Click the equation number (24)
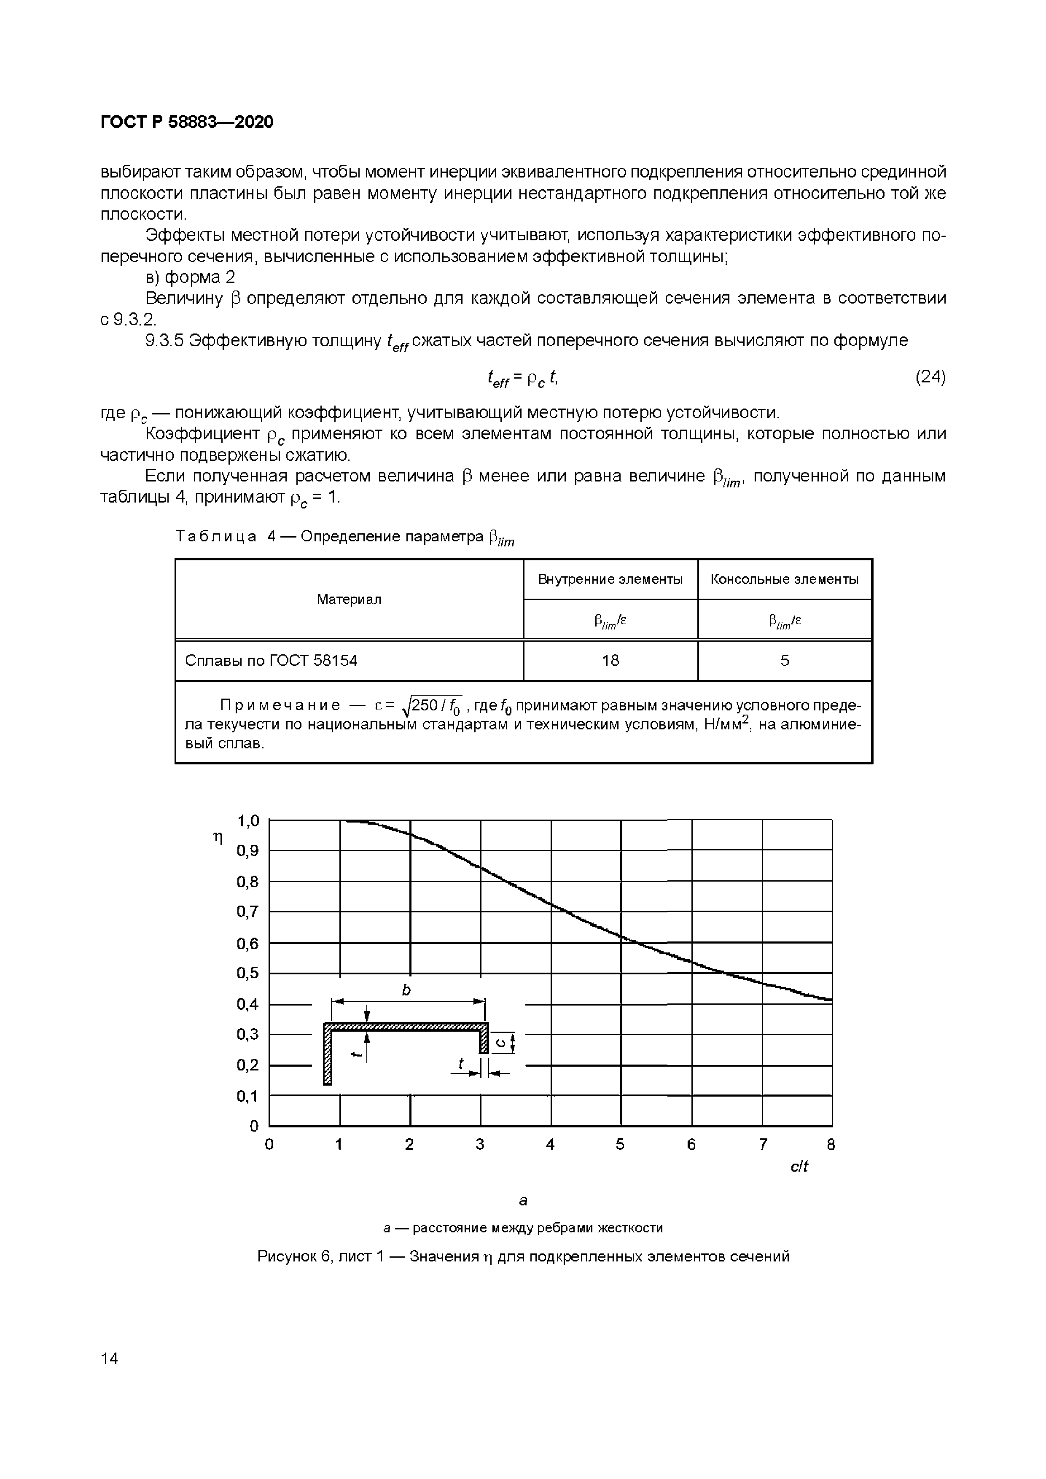pos(930,377)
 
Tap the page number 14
pos(110,1358)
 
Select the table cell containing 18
pos(610,660)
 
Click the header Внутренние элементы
pos(610,579)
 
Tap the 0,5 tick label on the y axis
pos(248,973)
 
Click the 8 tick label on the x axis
pos(831,1145)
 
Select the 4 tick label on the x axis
pos(550,1145)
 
